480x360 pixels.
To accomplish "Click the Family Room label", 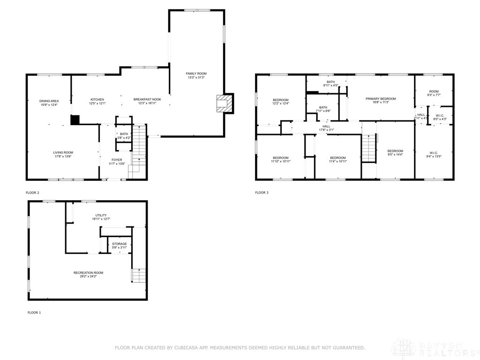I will click(196, 74).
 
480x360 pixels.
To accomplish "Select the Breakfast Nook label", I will click(147, 99).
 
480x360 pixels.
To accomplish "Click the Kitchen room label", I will click(97, 99).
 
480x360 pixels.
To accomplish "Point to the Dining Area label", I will click(49, 101).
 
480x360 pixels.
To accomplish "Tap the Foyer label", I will click(117, 160).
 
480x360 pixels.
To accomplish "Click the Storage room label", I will click(119, 244).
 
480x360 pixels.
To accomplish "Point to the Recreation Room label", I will click(88, 273).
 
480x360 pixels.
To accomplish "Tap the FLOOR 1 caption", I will click(34, 312).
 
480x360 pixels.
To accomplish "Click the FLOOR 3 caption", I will click(262, 192).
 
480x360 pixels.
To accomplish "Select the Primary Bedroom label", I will click(381, 99).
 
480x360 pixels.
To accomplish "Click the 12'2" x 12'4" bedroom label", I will click(281, 100).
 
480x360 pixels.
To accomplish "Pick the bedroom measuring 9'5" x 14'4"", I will click(395, 151).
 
